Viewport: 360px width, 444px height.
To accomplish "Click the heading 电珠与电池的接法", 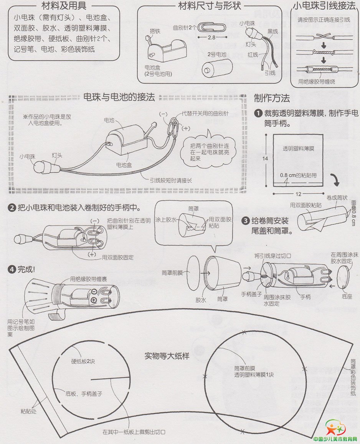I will [119, 97].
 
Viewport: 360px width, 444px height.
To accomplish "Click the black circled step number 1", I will [258, 113].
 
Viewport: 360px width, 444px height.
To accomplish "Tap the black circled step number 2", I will [12, 208].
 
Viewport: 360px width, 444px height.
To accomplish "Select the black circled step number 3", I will [245, 221].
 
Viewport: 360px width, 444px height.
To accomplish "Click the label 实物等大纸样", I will [167, 356].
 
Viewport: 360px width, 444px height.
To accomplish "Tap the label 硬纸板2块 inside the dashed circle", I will [83, 361].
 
